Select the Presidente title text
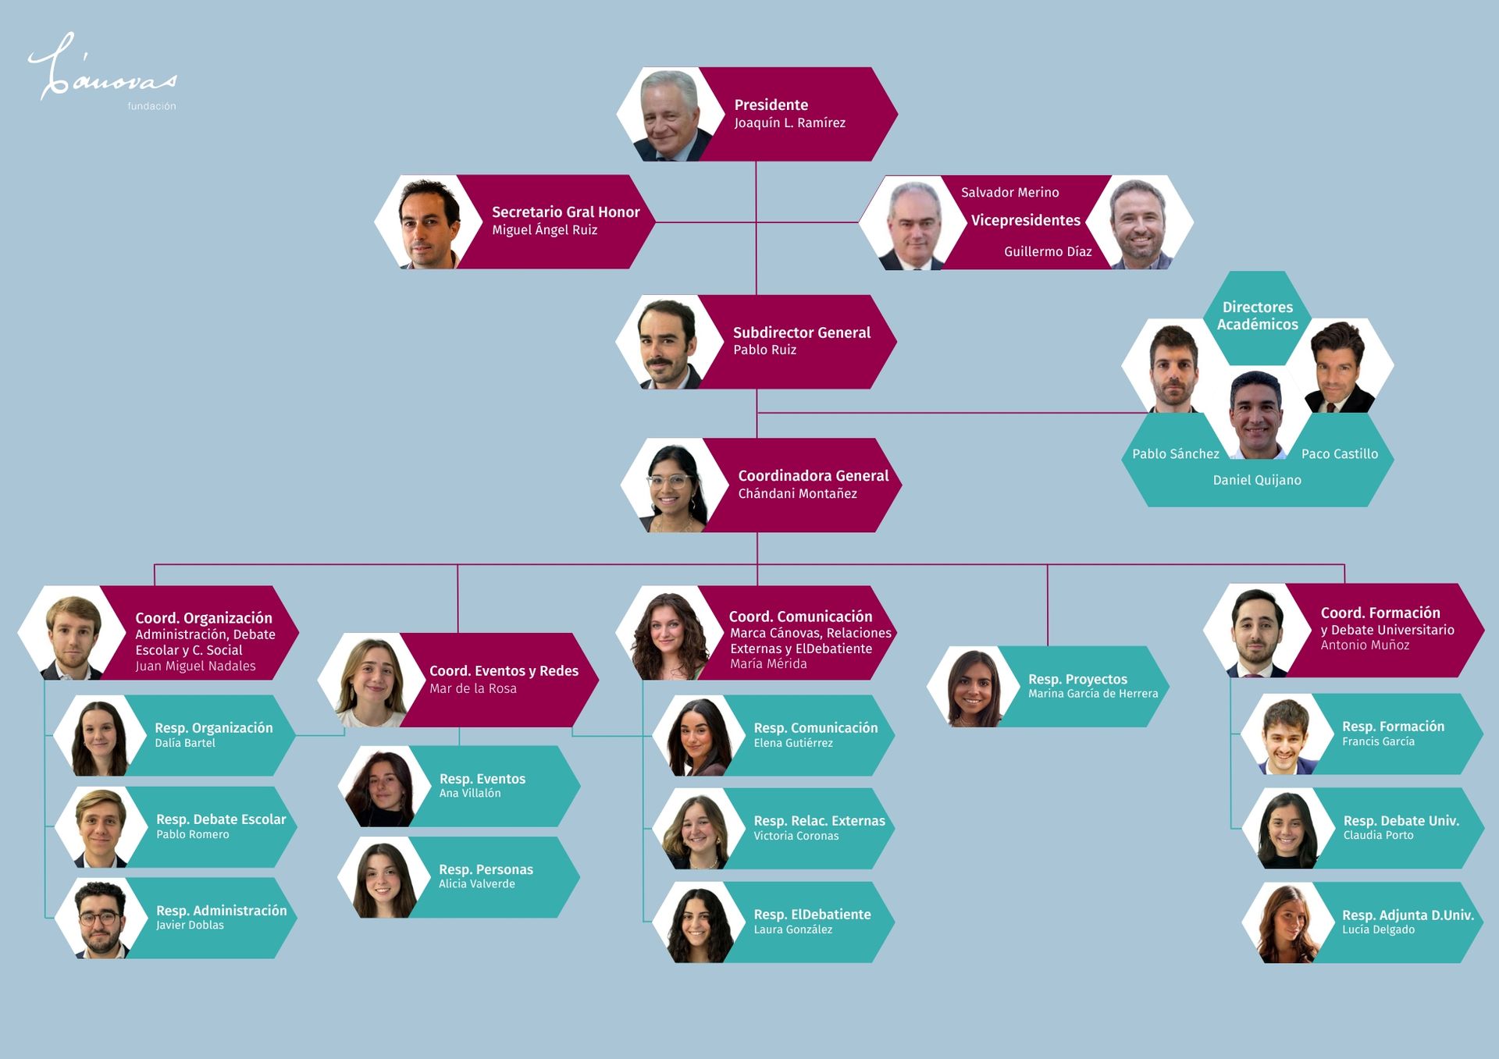pyautogui.click(x=771, y=105)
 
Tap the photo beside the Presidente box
pyautogui.click(x=671, y=115)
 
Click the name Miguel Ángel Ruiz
pyautogui.click(x=544, y=230)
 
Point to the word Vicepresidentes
pyautogui.click(x=1025, y=221)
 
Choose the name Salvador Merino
pyautogui.click(x=1009, y=193)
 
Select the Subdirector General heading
pyautogui.click(x=801, y=332)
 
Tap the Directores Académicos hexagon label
pyautogui.click(x=1257, y=316)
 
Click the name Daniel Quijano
pyautogui.click(x=1256, y=480)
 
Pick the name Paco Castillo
pyautogui.click(x=1339, y=454)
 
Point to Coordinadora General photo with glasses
pyautogui.click(x=673, y=486)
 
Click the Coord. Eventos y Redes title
pyautogui.click(x=504, y=671)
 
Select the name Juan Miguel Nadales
pyautogui.click(x=195, y=666)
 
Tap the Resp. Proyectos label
pyautogui.click(x=1077, y=679)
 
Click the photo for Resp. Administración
pyautogui.click(x=101, y=919)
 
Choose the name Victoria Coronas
pyautogui.click(x=796, y=836)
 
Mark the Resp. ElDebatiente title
pyautogui.click(x=812, y=915)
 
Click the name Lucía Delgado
pyautogui.click(x=1378, y=929)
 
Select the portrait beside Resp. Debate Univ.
pyautogui.click(x=1287, y=829)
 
